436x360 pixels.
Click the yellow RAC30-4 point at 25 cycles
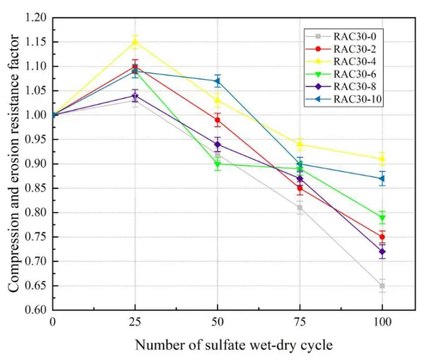tap(135, 42)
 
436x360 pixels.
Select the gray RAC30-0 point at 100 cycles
tap(382, 286)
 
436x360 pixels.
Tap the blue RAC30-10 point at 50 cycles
tap(217, 81)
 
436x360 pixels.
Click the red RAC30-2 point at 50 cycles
tap(217, 120)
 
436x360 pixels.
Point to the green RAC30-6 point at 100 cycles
tap(382, 218)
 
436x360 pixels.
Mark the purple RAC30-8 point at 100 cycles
tap(382, 252)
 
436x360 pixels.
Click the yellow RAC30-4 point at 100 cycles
tap(382, 158)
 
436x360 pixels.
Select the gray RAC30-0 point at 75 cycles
tap(300, 207)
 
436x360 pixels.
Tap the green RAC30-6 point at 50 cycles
tap(217, 164)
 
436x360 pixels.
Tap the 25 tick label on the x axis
tap(135, 322)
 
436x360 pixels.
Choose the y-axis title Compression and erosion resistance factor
tap(13, 164)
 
